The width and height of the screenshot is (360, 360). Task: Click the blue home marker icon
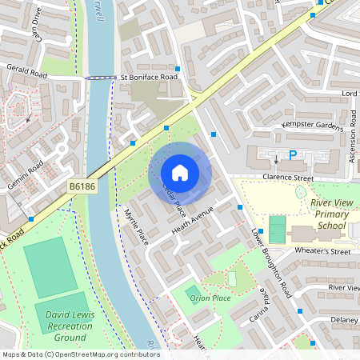click(180, 173)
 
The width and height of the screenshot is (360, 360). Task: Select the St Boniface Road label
click(149, 78)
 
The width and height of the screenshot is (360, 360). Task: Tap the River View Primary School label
click(330, 214)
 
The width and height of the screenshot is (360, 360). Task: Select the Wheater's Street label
click(323, 251)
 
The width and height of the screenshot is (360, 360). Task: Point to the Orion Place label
click(210, 298)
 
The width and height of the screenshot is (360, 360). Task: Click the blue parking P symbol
click(293, 154)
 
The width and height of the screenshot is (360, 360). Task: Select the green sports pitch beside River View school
click(278, 230)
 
